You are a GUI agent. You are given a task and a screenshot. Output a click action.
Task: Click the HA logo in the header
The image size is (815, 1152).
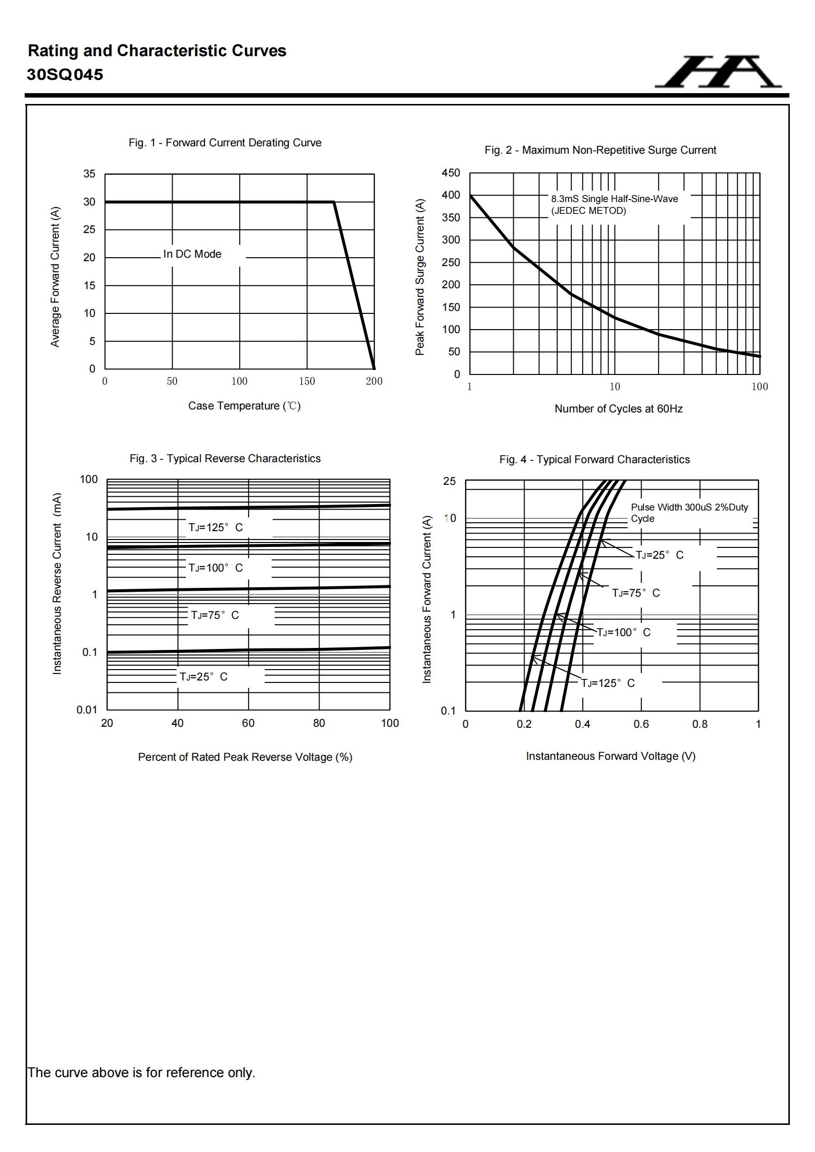(x=717, y=72)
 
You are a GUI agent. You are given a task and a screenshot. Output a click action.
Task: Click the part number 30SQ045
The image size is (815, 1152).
(x=65, y=75)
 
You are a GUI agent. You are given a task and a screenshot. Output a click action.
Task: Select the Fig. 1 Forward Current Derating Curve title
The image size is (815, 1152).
(x=224, y=142)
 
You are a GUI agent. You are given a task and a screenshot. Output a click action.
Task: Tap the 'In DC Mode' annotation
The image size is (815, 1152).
(x=192, y=254)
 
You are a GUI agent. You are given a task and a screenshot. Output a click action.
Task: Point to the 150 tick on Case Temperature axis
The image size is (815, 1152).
(x=307, y=381)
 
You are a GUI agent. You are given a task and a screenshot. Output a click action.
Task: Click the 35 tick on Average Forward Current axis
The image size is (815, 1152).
(x=89, y=173)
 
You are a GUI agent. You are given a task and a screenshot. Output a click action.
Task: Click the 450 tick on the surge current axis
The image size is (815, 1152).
(x=451, y=172)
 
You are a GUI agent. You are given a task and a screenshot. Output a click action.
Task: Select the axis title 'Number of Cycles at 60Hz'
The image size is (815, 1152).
(x=618, y=408)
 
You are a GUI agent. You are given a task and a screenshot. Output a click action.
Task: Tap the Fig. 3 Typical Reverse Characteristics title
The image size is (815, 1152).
(x=225, y=458)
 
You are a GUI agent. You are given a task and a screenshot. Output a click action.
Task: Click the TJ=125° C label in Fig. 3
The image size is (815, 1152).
(x=215, y=527)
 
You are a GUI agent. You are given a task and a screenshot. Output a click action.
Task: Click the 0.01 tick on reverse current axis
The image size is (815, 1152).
(x=86, y=710)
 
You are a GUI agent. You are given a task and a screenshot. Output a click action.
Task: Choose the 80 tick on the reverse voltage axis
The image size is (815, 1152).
(x=319, y=723)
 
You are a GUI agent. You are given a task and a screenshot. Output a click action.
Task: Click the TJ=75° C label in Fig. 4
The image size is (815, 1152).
(x=636, y=593)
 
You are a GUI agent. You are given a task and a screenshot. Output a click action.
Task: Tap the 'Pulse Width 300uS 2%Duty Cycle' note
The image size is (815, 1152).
(x=689, y=512)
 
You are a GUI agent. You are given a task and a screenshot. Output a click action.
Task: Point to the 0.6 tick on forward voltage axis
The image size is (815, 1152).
(x=641, y=724)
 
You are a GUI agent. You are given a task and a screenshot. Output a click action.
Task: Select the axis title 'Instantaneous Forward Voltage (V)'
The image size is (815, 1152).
(x=610, y=756)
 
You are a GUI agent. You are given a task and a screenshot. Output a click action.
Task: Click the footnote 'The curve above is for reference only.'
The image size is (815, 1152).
(x=141, y=1072)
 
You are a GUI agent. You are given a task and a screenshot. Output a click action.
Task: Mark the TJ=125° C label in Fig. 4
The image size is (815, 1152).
(x=607, y=683)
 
